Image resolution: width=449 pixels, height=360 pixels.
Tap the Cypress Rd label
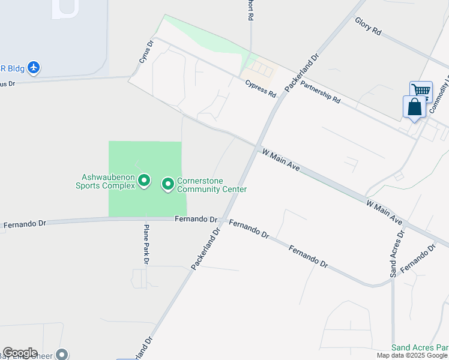pyautogui.click(x=260, y=89)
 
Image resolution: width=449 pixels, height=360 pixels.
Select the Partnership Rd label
pyautogui.click(x=320, y=92)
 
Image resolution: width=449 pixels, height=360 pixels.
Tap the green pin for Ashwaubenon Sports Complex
pyautogui.click(x=144, y=181)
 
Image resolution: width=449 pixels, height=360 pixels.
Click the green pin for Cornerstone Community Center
pyautogui.click(x=167, y=184)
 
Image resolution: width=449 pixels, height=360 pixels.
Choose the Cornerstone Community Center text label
pyautogui.click(x=211, y=185)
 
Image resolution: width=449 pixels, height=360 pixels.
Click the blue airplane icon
pyautogui.click(x=34, y=67)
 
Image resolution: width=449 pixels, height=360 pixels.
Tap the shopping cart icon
pyautogui.click(x=421, y=91)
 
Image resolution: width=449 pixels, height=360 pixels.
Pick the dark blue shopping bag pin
pyautogui.click(x=414, y=107)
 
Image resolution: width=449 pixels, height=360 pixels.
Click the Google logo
pyautogui.click(x=20, y=353)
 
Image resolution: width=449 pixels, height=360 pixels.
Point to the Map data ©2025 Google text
pyautogui.click(x=412, y=355)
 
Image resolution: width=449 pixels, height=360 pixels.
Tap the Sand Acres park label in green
pyautogui.click(x=420, y=347)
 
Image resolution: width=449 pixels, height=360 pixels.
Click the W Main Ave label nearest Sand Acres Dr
pyautogui.click(x=384, y=212)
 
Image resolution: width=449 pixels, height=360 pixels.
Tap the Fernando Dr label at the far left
pyautogui.click(x=25, y=225)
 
